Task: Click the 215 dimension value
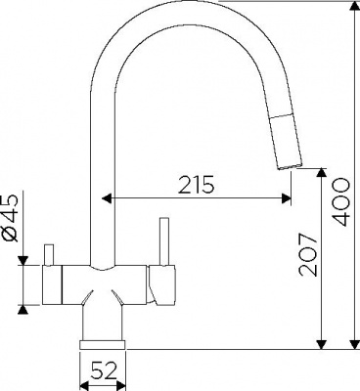pyautogui.click(x=196, y=185)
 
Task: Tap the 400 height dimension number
pyautogui.click(x=341, y=202)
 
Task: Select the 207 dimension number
pyautogui.click(x=308, y=254)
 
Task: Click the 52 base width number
pyautogui.click(x=105, y=370)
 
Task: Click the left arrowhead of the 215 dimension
pyautogui.click(x=107, y=197)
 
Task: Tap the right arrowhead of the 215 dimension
pyautogui.click(x=286, y=197)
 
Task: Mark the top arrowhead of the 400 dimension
pyautogui.click(x=355, y=6)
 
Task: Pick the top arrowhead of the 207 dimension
pyautogui.click(x=322, y=173)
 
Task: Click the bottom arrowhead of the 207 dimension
pyautogui.click(x=322, y=344)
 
